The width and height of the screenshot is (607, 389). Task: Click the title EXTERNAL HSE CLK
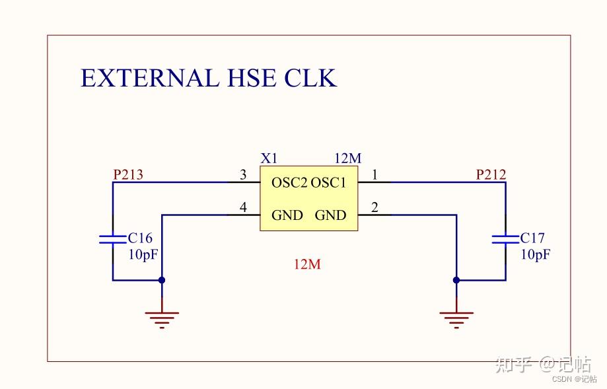[209, 78]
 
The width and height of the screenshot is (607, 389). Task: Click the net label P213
[128, 175]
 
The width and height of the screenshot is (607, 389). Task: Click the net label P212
[491, 175]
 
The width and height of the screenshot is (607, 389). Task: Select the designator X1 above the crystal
[269, 159]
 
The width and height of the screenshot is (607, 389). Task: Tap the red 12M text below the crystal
[307, 265]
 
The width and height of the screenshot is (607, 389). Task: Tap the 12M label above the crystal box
[348, 159]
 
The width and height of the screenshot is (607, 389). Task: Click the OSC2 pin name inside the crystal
[290, 183]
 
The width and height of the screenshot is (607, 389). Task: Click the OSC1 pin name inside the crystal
[328, 183]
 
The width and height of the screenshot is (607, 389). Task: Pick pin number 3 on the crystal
[243, 175]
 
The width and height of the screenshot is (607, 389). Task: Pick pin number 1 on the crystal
[375, 175]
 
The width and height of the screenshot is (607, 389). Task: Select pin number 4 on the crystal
[243, 208]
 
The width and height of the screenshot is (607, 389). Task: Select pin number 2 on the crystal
[375, 208]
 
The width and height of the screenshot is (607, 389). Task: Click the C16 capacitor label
[140, 238]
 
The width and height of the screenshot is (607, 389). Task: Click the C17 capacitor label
[532, 238]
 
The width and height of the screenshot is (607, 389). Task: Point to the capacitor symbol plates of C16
[112, 238]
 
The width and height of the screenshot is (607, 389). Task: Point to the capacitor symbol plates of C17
[505, 238]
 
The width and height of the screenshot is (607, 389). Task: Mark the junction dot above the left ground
[162, 280]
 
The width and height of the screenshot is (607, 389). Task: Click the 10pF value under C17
[536, 255]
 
